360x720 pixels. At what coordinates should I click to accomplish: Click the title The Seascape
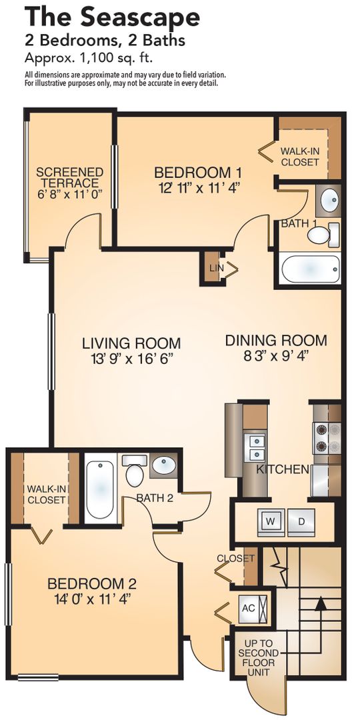(x=113, y=17)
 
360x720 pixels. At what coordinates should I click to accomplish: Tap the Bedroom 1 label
(x=197, y=173)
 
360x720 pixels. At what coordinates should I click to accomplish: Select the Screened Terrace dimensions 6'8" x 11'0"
(x=70, y=193)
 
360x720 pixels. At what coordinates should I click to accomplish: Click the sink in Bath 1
(x=329, y=201)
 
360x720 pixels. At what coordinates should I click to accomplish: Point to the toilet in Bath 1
(x=323, y=235)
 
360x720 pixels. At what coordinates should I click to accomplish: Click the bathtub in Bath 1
(x=310, y=269)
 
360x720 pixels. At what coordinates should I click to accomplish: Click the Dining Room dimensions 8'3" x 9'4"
(x=277, y=356)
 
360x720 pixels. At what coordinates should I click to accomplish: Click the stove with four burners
(x=327, y=438)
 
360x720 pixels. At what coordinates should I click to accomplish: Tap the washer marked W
(x=271, y=522)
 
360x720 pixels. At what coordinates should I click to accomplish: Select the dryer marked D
(x=301, y=522)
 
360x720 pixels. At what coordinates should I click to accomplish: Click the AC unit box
(x=253, y=609)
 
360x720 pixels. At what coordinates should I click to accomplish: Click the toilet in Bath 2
(x=135, y=471)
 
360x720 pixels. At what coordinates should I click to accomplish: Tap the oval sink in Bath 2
(x=164, y=465)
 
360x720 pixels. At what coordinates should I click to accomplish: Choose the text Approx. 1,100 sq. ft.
(x=89, y=58)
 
